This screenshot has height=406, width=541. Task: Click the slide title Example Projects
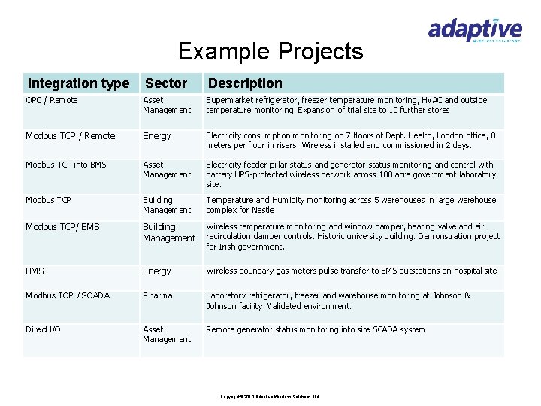270,52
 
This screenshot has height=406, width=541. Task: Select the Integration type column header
78,83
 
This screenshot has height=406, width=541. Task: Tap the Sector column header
166,83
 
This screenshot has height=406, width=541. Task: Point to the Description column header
245,83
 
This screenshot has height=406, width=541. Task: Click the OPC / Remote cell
52,100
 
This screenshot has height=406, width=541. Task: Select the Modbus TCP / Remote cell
71,136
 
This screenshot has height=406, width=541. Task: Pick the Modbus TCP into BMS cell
66,165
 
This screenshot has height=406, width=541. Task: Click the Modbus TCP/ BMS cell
62,227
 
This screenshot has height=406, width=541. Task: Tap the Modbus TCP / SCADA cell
68,295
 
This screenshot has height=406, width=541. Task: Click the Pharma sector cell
158,295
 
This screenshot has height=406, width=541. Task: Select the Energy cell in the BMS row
157,271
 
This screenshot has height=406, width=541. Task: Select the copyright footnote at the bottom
270,396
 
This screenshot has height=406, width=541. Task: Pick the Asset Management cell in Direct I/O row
167,334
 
